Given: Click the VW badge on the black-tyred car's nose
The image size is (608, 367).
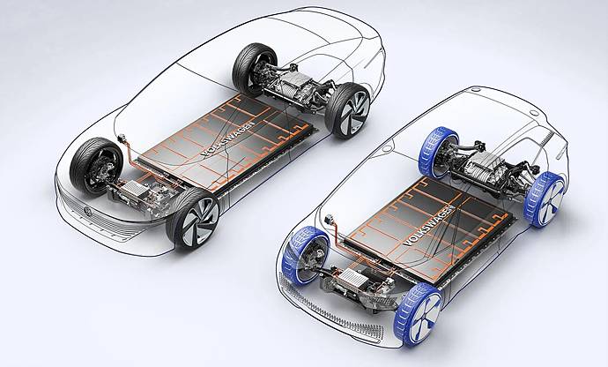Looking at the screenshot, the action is click(x=86, y=211).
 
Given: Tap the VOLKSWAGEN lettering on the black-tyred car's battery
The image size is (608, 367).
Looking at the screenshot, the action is click(x=229, y=139).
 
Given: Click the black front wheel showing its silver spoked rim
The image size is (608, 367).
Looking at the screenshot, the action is click(x=193, y=219).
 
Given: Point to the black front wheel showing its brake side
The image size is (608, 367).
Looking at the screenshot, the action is click(x=96, y=166).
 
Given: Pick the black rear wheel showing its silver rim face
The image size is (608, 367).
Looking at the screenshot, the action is click(x=348, y=110).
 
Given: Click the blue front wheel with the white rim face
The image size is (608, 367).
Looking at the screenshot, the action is click(x=419, y=313).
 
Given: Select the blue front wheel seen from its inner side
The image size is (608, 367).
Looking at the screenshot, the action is click(x=306, y=256).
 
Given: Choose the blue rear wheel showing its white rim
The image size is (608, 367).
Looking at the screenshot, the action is click(x=544, y=199).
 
